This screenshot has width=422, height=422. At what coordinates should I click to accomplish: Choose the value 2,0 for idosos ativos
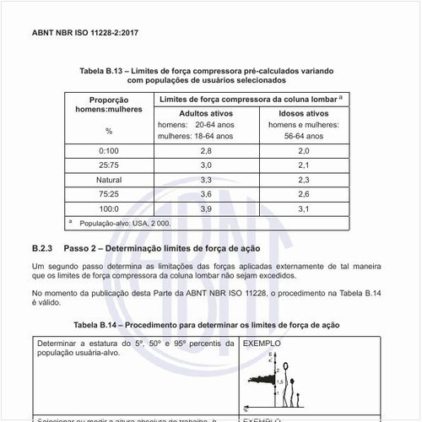[304, 149]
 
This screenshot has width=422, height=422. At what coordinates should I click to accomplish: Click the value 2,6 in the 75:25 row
[304, 194]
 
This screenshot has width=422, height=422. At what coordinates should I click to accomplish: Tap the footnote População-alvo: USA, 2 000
[124, 224]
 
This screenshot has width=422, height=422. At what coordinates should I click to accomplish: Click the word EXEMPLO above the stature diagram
[261, 345]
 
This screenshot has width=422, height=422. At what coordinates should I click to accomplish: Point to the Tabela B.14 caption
[206, 325]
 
